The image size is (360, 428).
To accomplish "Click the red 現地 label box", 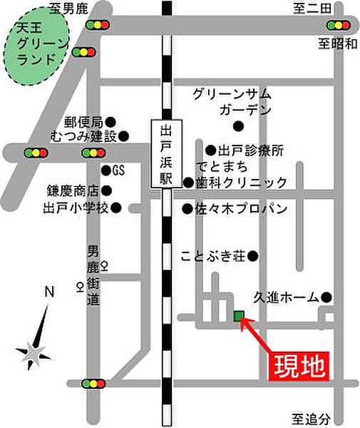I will (x=300, y=367).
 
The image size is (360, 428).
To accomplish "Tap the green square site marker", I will (x=238, y=316).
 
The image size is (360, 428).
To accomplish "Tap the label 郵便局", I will (x=83, y=121).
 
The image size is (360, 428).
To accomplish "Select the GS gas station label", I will (x=118, y=171).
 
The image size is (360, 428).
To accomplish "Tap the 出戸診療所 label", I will (x=250, y=151).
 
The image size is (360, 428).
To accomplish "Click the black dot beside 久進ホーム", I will (x=326, y=297).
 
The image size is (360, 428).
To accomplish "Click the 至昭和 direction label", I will (x=337, y=44).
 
